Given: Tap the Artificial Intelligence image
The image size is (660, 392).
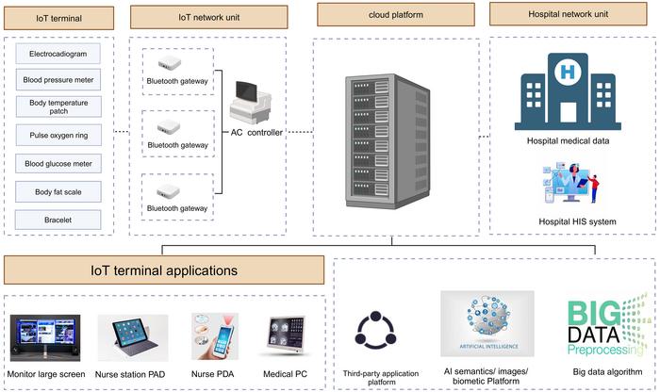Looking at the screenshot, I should point(487,323).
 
